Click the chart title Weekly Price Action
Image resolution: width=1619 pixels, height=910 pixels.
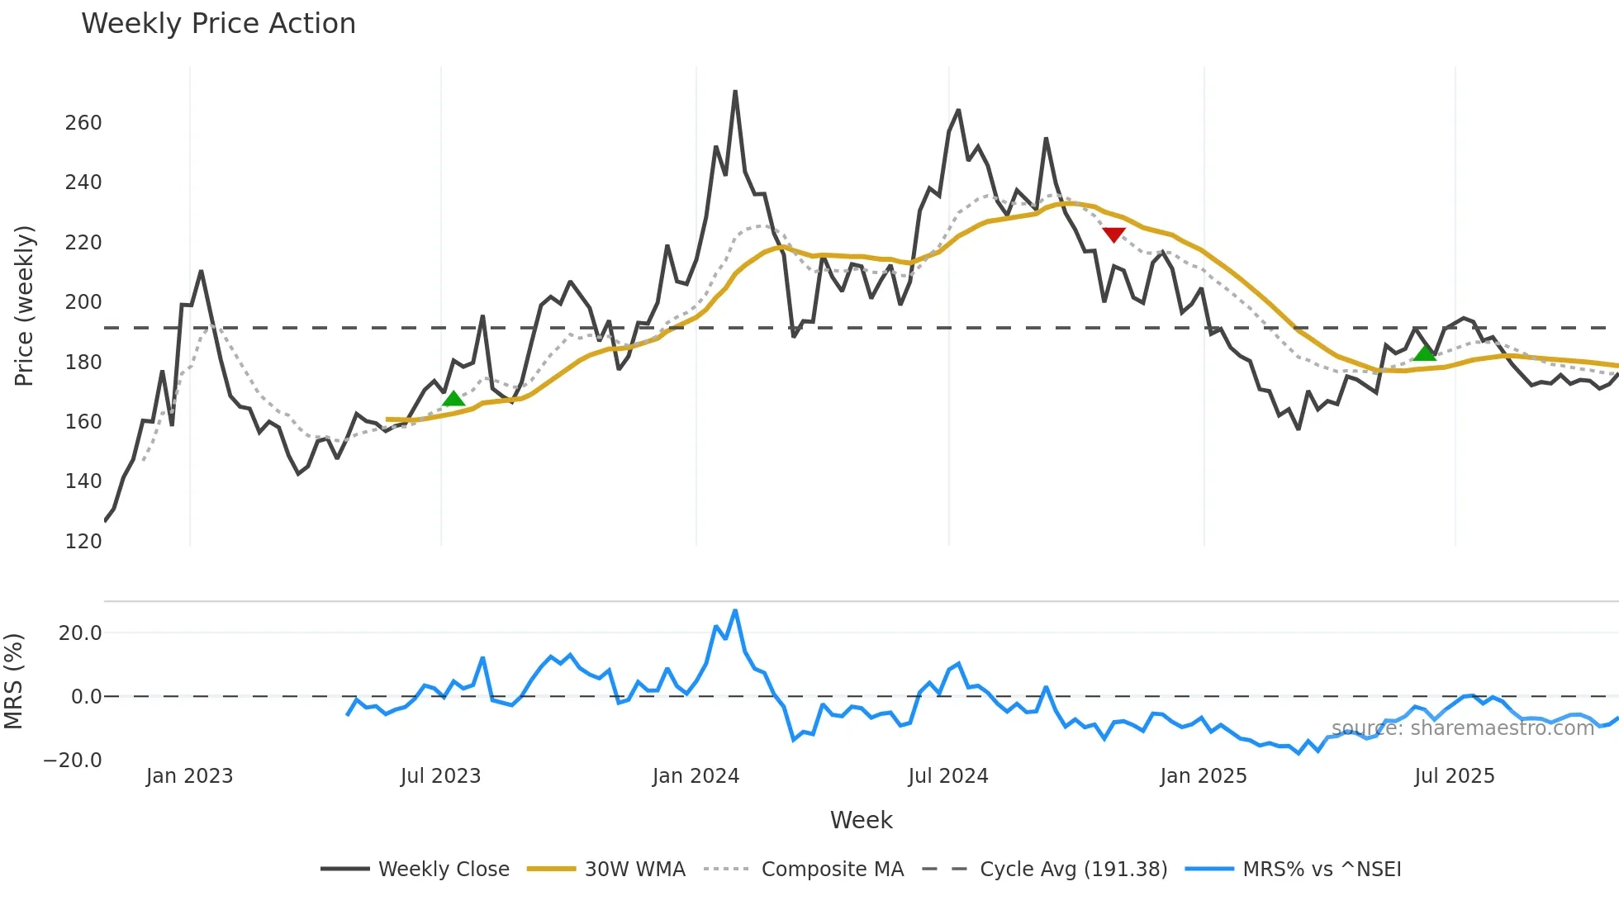coord(218,24)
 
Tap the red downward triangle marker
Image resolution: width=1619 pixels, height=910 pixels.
coord(1113,235)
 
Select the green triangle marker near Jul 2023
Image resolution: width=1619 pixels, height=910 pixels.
coord(453,399)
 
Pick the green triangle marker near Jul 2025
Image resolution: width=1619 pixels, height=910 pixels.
coord(1425,353)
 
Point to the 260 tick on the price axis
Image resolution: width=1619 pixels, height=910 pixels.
coord(83,123)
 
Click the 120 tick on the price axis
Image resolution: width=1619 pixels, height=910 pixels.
coord(83,542)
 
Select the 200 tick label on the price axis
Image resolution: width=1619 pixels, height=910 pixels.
coord(83,302)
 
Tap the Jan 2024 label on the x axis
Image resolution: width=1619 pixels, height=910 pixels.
coord(696,776)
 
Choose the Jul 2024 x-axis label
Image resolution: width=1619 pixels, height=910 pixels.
coord(948,776)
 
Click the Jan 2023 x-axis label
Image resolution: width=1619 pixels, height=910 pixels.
coord(190,776)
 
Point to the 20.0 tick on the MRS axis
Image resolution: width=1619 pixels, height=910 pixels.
coord(80,633)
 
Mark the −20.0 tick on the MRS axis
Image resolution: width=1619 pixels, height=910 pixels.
coord(73,761)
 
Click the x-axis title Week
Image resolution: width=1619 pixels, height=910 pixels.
coord(861,820)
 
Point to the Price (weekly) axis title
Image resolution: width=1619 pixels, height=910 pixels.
coord(25,306)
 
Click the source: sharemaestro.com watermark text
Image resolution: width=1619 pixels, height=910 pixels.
coord(1462,728)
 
